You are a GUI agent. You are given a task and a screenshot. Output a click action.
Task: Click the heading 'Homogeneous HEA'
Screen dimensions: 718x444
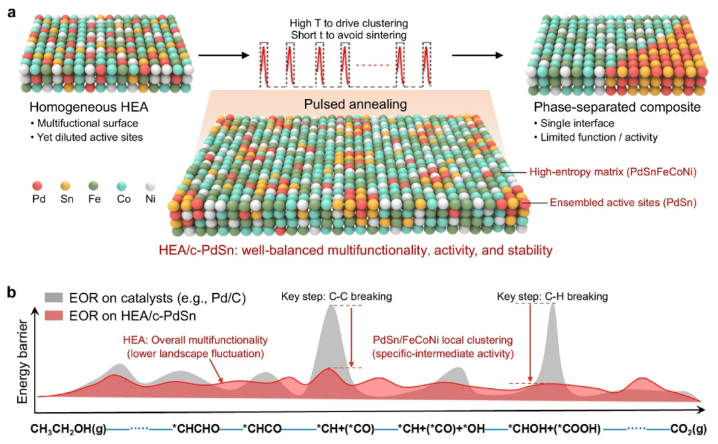[x=84, y=108]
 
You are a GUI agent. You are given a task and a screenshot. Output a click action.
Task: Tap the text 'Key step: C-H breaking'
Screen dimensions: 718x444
[x=552, y=295]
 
